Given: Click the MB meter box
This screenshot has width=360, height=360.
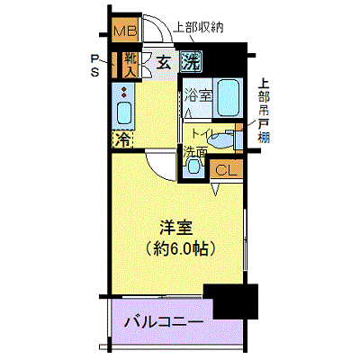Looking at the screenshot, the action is coord(125,30).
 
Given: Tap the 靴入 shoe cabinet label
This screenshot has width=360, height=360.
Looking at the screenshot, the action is coord(131,64).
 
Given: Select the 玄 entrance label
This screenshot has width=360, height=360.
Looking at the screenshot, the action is coord(164,63).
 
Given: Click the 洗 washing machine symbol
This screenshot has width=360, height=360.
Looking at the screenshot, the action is coord(191,61).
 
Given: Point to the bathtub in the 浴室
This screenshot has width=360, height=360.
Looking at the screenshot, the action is coord(229,97).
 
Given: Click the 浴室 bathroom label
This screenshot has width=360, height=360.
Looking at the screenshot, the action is coord(198,96).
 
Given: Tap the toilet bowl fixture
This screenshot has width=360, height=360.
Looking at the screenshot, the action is coord(222,139).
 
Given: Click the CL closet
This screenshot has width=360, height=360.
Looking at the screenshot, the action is coord(226,169).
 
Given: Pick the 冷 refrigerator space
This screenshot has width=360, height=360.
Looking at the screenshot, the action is coord(123,139).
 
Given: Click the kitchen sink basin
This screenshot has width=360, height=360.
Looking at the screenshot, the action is coord(124,112).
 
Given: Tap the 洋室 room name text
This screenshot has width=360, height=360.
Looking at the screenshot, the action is coord(175,227).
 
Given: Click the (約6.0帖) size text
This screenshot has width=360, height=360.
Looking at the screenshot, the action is coord(180,247).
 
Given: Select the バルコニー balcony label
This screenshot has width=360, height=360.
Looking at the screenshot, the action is coord(164,322).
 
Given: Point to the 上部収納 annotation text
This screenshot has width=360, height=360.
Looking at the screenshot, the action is coord(199,27).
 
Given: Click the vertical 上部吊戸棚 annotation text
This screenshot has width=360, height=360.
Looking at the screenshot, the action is coord(264,111).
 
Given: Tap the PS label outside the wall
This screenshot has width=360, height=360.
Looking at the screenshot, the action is coord(94,66).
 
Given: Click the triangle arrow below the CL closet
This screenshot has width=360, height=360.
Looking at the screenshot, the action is coord(215,189).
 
